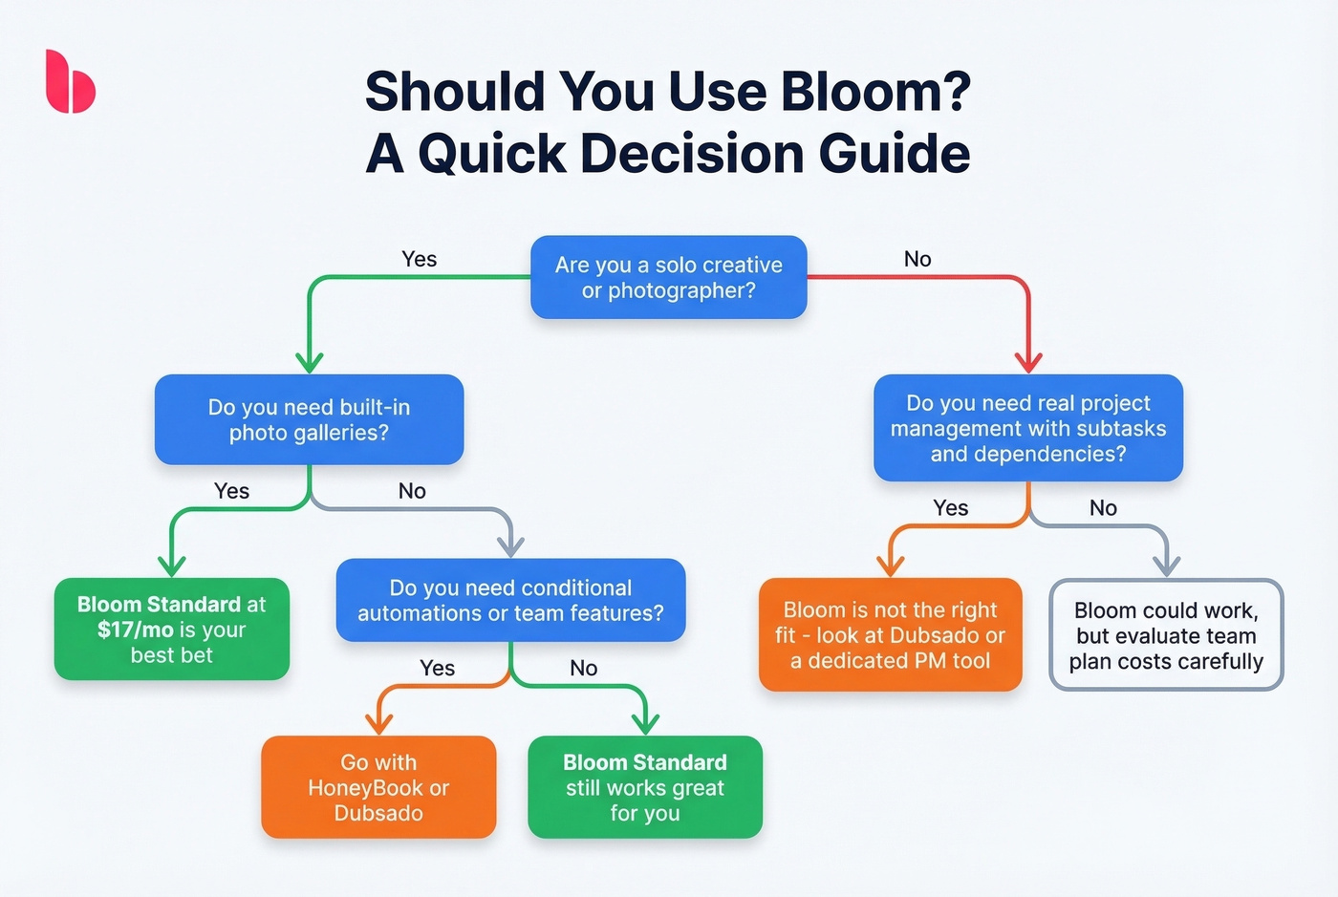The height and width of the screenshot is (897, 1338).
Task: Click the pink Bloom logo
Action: [70, 82]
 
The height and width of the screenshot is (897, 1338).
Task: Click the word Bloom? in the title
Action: [875, 92]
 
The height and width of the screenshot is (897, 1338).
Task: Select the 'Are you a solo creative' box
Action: [669, 277]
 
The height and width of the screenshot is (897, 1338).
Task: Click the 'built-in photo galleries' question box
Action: [309, 419]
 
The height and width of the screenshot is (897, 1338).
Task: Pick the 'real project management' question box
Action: [1028, 428]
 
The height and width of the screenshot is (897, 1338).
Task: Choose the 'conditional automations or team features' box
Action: [510, 600]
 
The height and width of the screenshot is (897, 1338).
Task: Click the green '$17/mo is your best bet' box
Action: [172, 629]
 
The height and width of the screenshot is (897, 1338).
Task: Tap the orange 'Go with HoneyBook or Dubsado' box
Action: [378, 787]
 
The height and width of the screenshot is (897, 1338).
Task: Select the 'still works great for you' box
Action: [645, 787]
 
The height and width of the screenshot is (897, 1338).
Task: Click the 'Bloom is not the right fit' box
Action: [890, 634]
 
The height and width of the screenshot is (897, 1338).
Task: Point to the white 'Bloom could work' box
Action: [1166, 634]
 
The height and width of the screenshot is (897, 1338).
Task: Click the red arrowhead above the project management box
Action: [1028, 362]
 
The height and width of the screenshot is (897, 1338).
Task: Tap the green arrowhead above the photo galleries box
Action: [309, 362]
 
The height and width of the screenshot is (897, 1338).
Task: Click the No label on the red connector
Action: [917, 259]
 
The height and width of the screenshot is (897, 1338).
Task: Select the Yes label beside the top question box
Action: [419, 259]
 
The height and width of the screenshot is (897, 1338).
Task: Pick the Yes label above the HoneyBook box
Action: [437, 668]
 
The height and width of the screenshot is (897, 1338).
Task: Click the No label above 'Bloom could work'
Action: [1103, 508]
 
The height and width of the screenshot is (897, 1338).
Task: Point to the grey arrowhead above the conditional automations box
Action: [511, 545]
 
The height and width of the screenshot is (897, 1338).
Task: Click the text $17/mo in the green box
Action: [136, 630]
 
